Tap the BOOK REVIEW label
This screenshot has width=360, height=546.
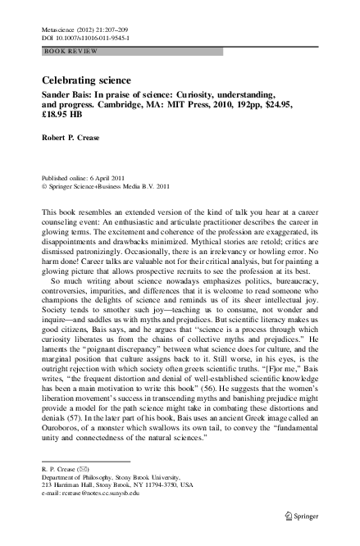coord(71,51)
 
